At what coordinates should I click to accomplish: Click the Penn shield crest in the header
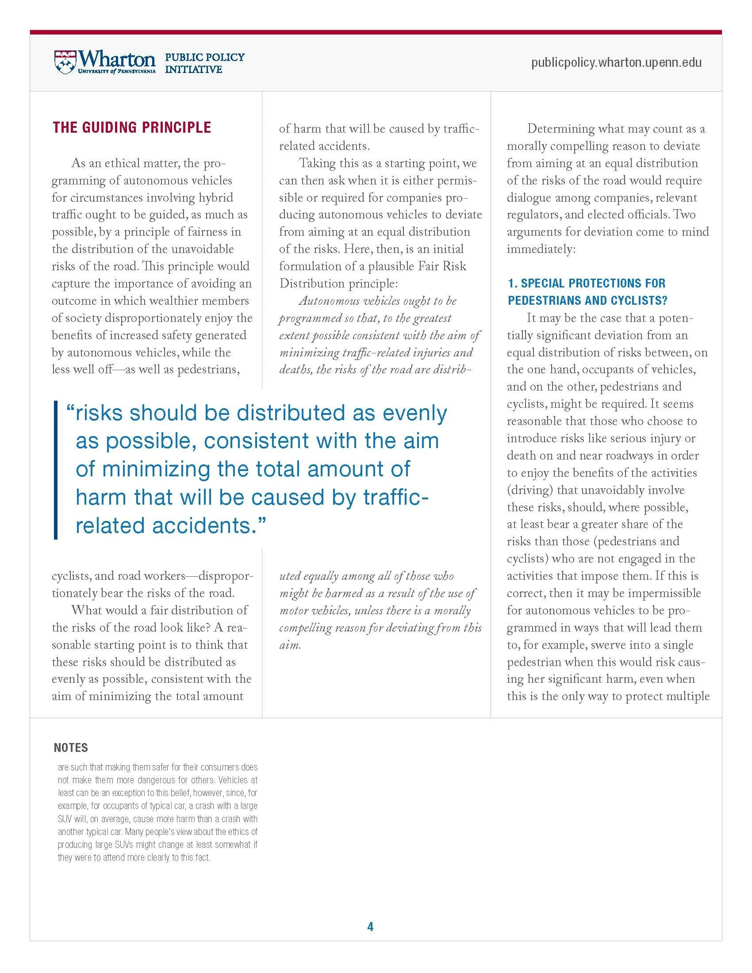(x=65, y=62)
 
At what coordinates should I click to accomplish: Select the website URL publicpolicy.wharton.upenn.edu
(x=616, y=62)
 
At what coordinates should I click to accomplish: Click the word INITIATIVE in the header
(x=193, y=69)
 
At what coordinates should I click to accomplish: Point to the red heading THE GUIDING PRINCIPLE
(x=131, y=127)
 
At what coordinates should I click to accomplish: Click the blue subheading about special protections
(x=587, y=291)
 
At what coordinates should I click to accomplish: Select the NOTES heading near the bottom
(x=71, y=747)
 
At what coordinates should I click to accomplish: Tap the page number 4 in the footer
(x=370, y=927)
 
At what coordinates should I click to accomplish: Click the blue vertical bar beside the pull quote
(x=56, y=470)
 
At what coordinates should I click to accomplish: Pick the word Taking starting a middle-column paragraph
(x=317, y=163)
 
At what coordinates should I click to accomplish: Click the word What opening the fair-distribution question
(x=85, y=610)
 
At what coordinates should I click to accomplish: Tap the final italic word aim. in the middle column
(x=290, y=645)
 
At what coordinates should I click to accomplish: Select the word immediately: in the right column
(x=541, y=249)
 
